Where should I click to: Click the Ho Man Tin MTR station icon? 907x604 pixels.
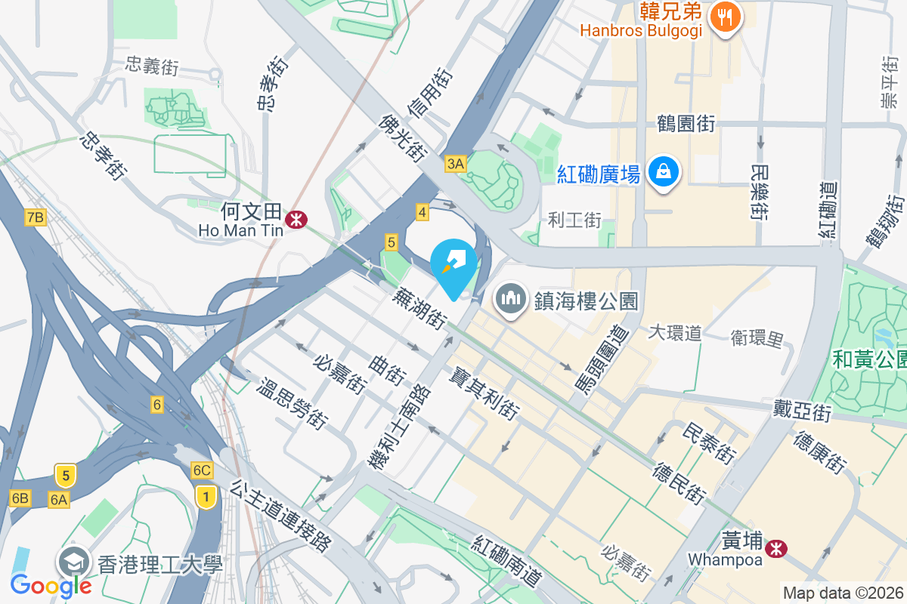click(x=295, y=219)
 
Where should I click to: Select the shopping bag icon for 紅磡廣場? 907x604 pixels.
click(x=663, y=173)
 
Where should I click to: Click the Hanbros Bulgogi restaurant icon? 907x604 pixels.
click(x=726, y=17)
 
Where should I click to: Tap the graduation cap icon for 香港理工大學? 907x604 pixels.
click(x=74, y=562)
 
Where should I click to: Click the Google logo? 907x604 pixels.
click(x=51, y=585)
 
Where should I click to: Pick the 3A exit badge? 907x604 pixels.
click(x=456, y=164)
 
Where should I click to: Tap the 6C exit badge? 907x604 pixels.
click(x=202, y=470)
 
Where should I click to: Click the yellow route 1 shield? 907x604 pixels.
click(x=203, y=496)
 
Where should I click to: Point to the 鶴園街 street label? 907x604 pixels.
click(x=686, y=123)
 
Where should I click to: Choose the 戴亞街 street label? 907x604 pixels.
click(x=802, y=412)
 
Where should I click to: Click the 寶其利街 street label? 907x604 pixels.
click(x=484, y=393)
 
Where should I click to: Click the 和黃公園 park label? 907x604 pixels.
click(x=869, y=359)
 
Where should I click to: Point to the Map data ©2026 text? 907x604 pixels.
click(x=843, y=593)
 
